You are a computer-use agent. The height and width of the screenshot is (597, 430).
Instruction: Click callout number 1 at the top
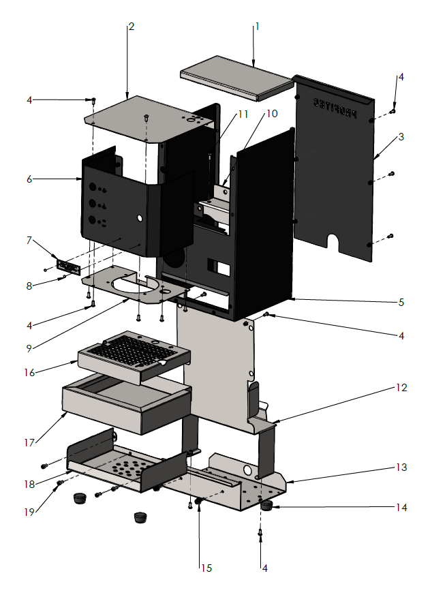258,27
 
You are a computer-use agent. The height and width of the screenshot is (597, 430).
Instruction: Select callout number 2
131,27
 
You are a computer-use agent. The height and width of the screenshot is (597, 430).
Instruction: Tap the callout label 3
401,137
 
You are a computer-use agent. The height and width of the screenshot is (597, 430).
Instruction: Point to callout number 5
402,302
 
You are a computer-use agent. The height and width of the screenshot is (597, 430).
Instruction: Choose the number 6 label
29,179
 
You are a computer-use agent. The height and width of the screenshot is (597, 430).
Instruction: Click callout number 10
272,113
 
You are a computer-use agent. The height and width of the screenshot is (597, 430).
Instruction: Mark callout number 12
401,388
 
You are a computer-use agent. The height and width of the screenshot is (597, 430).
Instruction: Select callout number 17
29,442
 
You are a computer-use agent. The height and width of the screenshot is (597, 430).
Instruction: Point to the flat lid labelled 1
235,77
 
